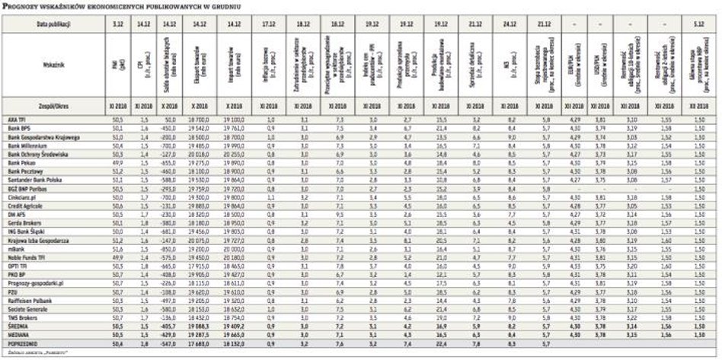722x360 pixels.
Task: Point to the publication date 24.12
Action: tap(510, 24)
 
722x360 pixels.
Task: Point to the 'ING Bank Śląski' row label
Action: tap(27, 231)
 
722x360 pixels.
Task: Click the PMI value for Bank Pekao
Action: tap(117, 161)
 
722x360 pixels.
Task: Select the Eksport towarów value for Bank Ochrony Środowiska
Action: tap(200, 153)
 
